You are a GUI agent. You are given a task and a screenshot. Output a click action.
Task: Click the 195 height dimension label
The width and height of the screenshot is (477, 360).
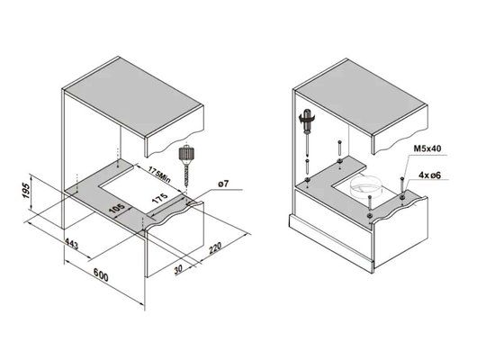(x=27, y=191)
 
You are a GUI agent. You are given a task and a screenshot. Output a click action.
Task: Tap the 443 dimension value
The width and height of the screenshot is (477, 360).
(x=72, y=244)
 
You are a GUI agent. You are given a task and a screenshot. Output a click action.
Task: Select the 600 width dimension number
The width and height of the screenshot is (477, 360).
(x=101, y=274)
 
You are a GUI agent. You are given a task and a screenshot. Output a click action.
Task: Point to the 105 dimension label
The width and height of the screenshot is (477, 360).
(x=116, y=210)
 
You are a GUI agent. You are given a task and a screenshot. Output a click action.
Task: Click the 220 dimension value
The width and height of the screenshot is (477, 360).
(x=215, y=247)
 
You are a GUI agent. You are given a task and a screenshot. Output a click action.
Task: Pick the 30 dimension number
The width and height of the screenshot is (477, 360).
(x=178, y=269)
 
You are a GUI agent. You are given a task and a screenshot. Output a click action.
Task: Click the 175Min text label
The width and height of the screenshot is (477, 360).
(x=159, y=175)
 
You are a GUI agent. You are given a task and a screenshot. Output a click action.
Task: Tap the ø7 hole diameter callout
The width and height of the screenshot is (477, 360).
(x=223, y=184)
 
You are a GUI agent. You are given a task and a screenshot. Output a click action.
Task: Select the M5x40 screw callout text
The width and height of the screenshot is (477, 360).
(x=427, y=148)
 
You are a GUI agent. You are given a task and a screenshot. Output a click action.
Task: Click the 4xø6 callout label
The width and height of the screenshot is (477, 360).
(x=429, y=175)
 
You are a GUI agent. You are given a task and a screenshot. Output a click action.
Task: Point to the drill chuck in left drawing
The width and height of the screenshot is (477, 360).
(x=186, y=154)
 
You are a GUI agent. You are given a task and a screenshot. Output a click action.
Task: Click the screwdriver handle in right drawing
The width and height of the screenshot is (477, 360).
(x=308, y=121)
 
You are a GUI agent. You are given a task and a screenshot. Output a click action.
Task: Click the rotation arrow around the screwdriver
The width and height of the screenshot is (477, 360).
(x=307, y=118)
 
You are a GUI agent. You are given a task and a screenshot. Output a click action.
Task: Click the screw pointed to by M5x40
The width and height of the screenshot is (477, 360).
(x=402, y=187)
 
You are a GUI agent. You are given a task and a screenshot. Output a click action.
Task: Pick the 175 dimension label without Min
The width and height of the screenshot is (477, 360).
(x=159, y=198)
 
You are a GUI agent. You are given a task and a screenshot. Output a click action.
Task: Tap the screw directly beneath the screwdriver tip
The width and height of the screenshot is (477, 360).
(x=308, y=166)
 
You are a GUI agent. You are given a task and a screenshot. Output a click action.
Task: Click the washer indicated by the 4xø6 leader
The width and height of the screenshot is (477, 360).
(x=402, y=198)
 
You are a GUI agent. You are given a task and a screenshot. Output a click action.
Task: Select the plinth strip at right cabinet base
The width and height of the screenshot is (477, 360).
(x=331, y=243)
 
